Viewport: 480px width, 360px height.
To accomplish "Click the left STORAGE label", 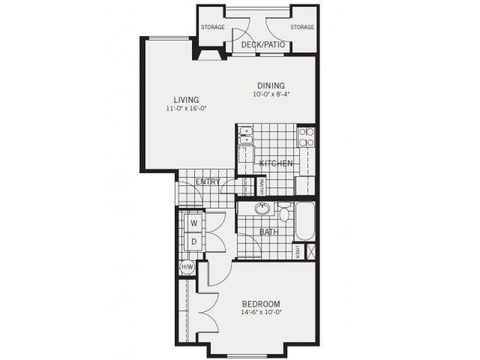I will pos(213,28).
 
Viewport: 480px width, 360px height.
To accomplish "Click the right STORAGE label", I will pos(301,28).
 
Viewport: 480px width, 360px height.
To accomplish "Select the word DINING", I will pos(270,85).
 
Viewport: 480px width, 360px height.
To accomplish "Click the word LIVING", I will pos(186,100).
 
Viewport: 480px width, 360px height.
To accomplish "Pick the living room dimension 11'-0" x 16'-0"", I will pos(186,109).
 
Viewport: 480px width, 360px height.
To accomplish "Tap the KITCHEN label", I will pos(276,163).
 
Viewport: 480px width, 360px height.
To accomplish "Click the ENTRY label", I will pos(207,182).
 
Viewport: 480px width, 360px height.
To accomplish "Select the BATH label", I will pos(268,232).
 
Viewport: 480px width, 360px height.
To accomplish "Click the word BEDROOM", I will pos(261,304).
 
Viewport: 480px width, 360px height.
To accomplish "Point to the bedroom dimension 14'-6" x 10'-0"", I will pos(261,313).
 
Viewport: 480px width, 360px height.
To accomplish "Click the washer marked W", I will pos(193,223).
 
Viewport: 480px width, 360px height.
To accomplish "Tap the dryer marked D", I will pos(193,241).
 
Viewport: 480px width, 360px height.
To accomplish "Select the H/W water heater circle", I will pos(187,266).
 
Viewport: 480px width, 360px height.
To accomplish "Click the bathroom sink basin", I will pos(262,209).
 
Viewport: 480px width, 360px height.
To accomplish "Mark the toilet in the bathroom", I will pos(284,212).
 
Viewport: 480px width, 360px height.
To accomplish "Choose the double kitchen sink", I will pos(246,135).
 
